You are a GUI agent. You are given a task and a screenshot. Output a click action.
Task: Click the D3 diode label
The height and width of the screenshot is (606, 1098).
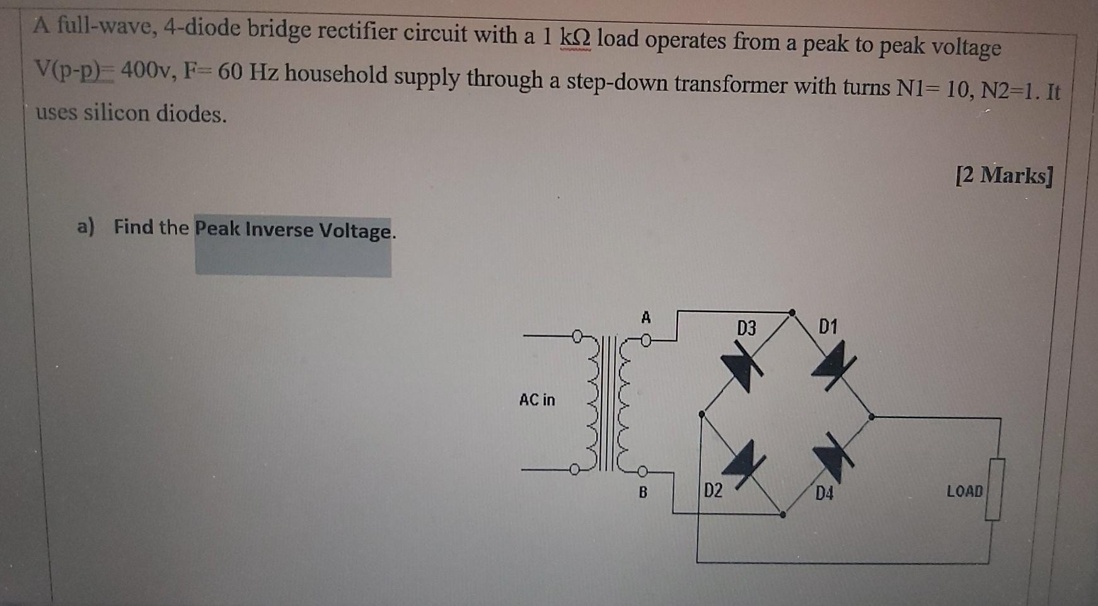point(746,328)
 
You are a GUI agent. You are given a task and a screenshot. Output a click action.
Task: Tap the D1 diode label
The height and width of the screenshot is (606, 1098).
point(828,327)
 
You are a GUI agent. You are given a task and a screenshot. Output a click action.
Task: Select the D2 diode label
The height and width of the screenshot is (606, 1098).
point(713,491)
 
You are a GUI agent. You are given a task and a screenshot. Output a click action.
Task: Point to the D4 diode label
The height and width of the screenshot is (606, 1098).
point(824,493)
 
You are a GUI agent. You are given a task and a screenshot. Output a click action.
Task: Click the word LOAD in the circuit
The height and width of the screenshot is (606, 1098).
point(964,491)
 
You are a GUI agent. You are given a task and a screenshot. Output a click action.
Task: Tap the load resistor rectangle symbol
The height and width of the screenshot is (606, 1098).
point(995,490)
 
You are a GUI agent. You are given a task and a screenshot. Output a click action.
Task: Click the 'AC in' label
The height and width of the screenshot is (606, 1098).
point(537,400)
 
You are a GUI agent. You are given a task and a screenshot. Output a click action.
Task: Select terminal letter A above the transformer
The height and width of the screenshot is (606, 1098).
point(645,318)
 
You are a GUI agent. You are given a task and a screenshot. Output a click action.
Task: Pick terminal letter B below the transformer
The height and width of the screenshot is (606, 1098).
point(643,492)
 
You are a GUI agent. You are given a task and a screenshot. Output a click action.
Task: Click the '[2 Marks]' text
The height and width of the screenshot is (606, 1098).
point(1003,175)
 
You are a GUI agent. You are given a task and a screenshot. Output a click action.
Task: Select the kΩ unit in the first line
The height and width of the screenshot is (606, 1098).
point(575,37)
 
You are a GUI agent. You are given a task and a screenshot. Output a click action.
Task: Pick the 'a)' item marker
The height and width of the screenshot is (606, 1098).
point(86,226)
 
